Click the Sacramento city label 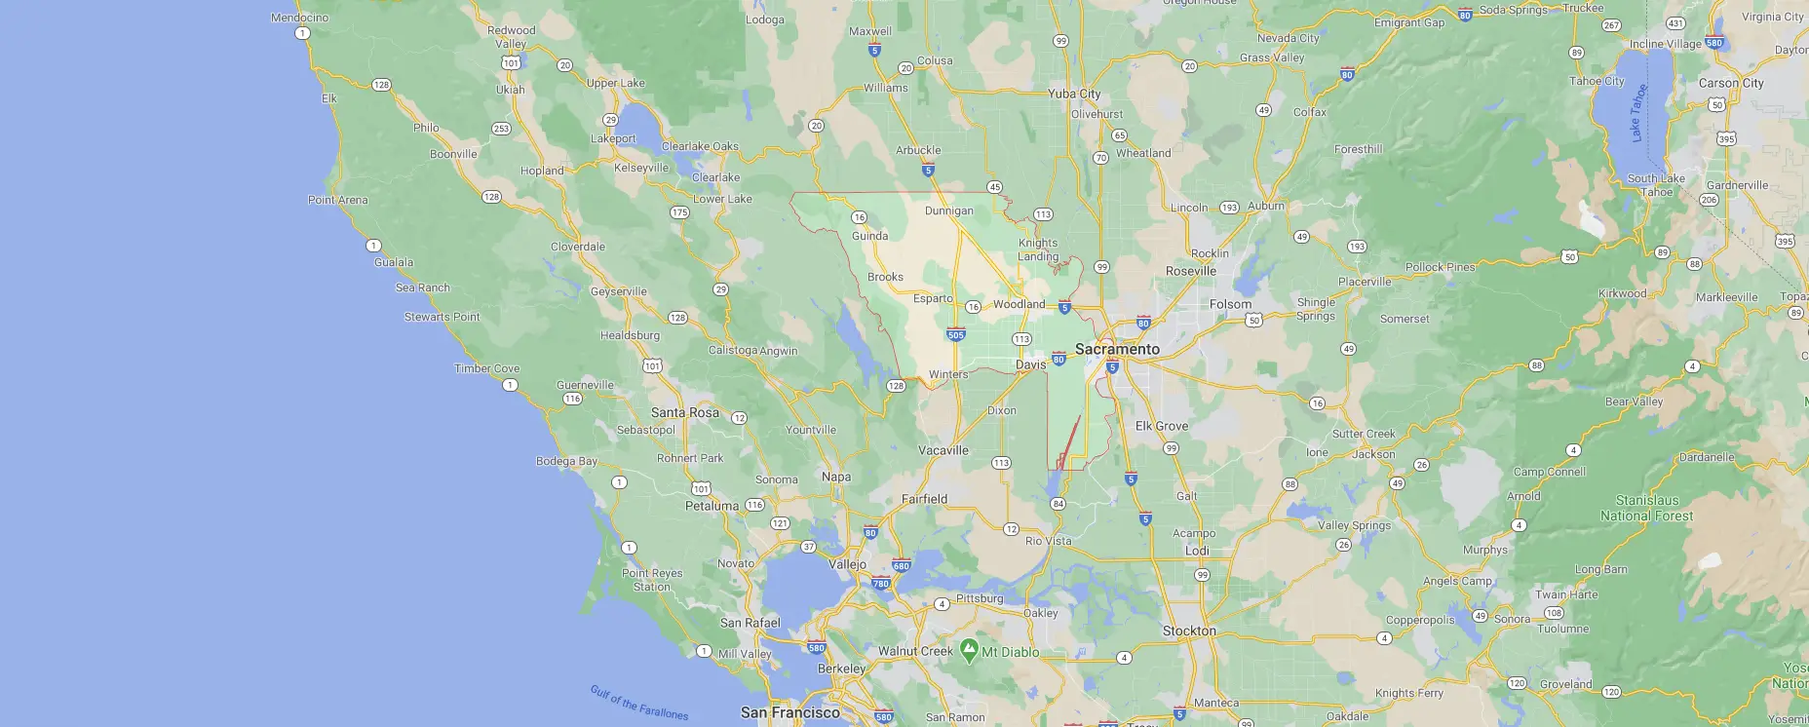pyautogui.click(x=1117, y=349)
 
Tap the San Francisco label pyautogui.click(x=789, y=712)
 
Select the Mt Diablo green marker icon pyautogui.click(x=969, y=650)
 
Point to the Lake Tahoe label pyautogui.click(x=1639, y=113)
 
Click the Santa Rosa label pyautogui.click(x=684, y=412)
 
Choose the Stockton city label pyautogui.click(x=1189, y=631)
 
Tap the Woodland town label pyautogui.click(x=1019, y=304)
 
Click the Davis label pyautogui.click(x=1030, y=364)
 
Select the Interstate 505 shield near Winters pyautogui.click(x=955, y=335)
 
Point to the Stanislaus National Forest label pyautogui.click(x=1646, y=508)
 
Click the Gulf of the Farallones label pyautogui.click(x=638, y=703)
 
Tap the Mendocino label pyautogui.click(x=299, y=18)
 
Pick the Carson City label pyautogui.click(x=1730, y=83)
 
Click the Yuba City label pyautogui.click(x=1074, y=94)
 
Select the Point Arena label pyautogui.click(x=337, y=200)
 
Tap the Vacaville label pyautogui.click(x=943, y=450)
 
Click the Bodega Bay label pyautogui.click(x=566, y=461)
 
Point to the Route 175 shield pyautogui.click(x=679, y=212)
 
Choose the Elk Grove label pyautogui.click(x=1161, y=426)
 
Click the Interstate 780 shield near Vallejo pyautogui.click(x=881, y=584)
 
